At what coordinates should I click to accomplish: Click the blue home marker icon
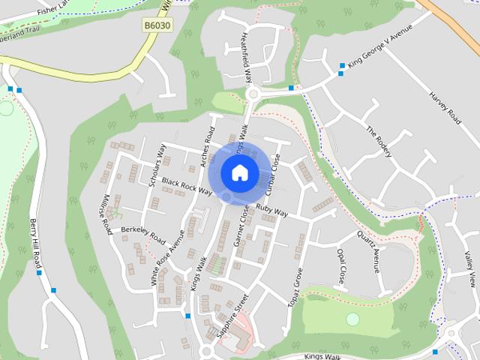pos(239,172)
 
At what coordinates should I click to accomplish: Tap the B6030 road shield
pos(157,25)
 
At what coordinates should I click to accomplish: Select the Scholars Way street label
pos(157,165)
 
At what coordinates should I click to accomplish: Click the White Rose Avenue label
pos(166,258)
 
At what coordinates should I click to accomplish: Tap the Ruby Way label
pos(271,210)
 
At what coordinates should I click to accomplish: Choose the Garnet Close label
pos(242,225)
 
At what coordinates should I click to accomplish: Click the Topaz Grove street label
pos(294,286)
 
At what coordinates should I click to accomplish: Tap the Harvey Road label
pos(445,109)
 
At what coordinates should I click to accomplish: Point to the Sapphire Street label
pos(229,319)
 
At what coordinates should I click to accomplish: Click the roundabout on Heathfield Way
pos(252,94)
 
